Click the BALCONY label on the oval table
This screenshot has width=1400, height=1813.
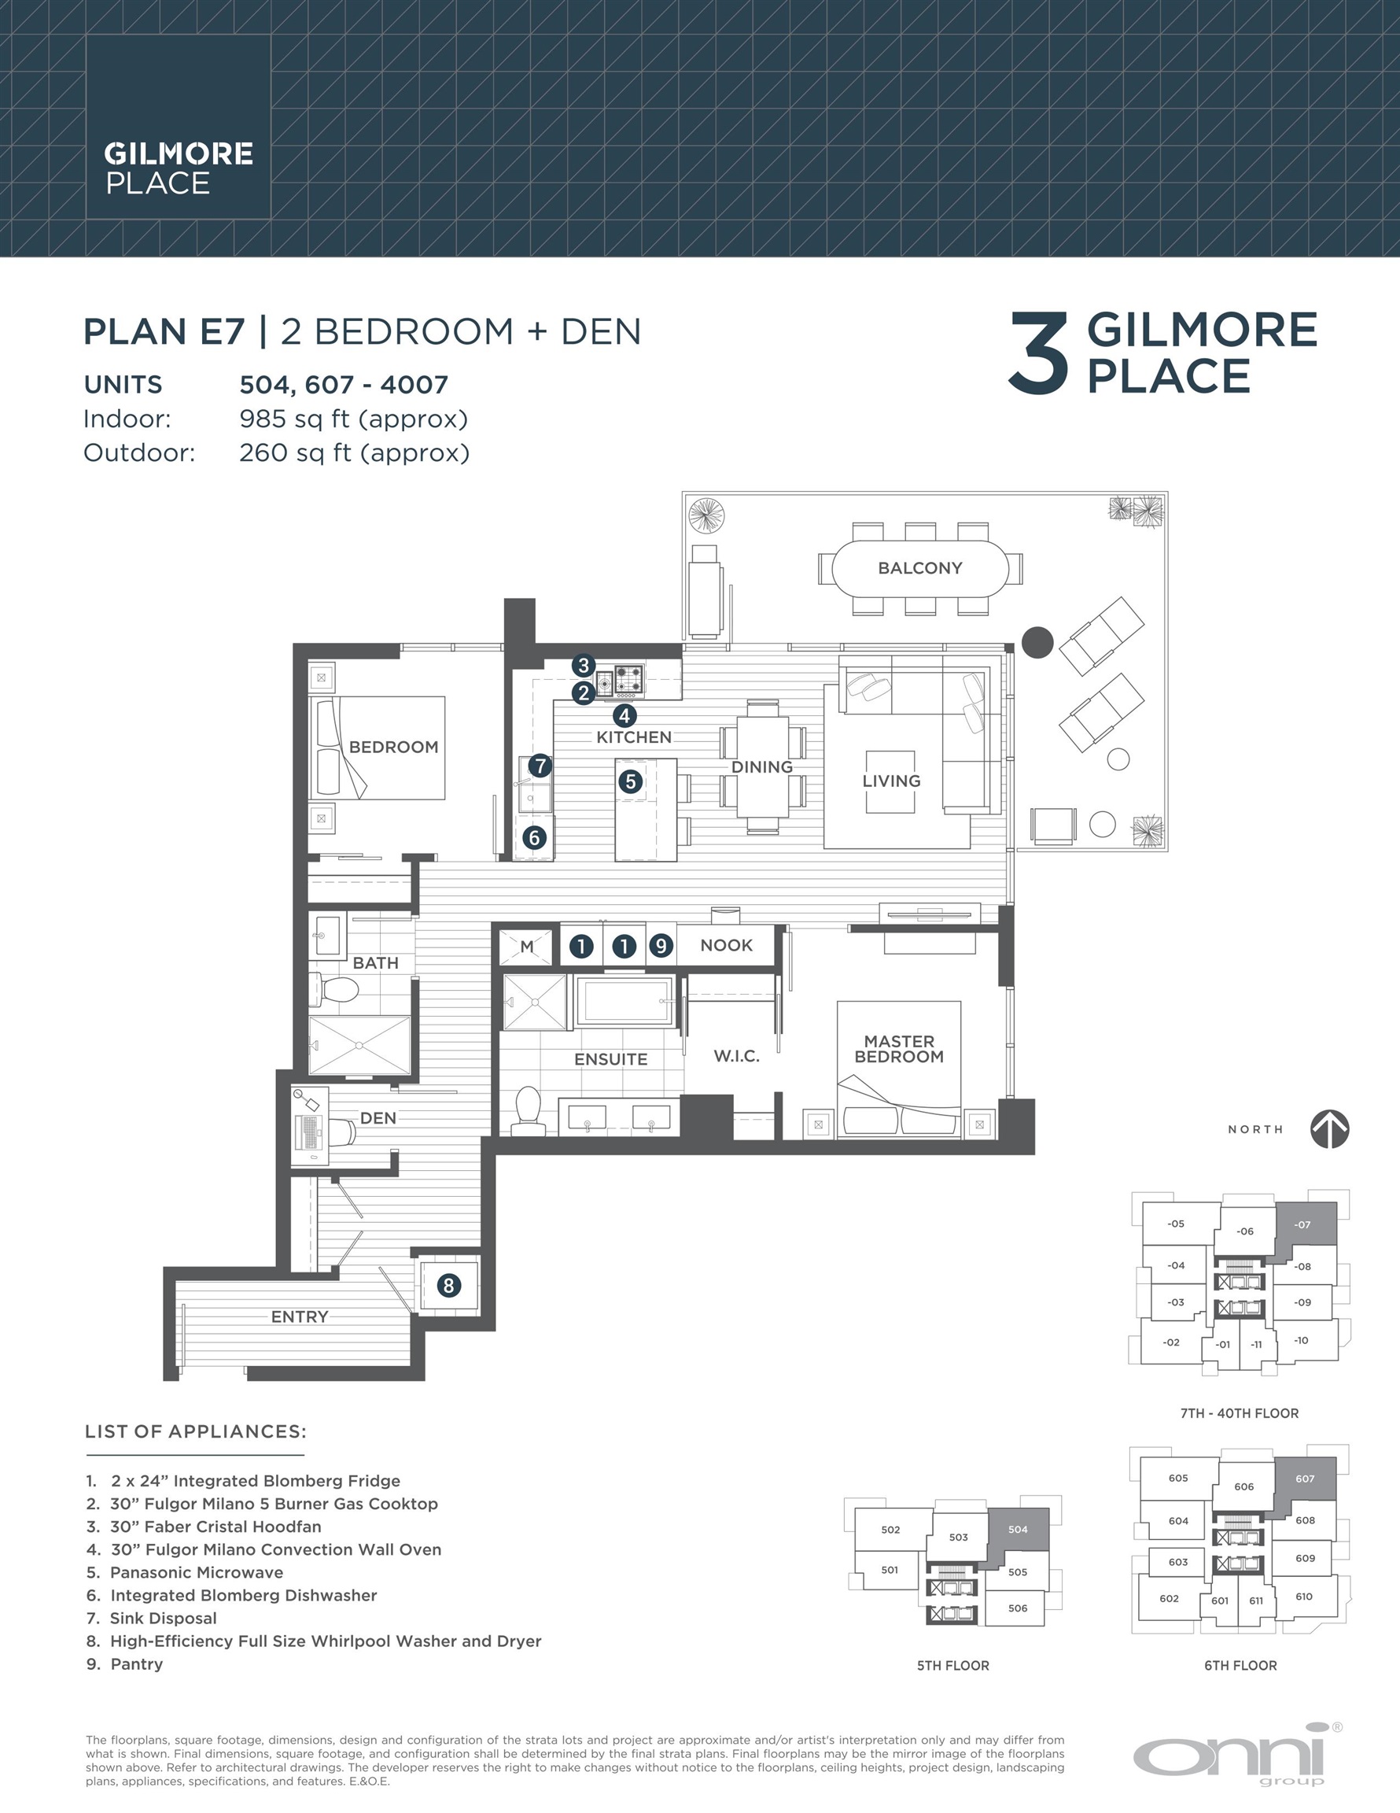tap(919, 568)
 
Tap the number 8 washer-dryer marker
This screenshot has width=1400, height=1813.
tap(448, 1286)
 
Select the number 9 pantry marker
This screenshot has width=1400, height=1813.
tap(661, 946)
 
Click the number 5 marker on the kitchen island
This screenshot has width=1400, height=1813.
tap(631, 781)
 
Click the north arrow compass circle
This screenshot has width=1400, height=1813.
tap(1329, 1130)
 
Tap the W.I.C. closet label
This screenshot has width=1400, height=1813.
tap(736, 1056)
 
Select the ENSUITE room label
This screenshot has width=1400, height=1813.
tap(611, 1059)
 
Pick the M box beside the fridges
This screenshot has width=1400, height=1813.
tap(526, 947)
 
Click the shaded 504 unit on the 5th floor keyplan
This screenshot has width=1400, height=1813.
tap(1018, 1529)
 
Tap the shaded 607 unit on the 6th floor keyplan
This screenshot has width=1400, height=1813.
tap(1305, 1479)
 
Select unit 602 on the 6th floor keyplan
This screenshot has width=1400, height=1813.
tap(1169, 1598)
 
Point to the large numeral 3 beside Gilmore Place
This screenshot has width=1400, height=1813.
tap(1037, 354)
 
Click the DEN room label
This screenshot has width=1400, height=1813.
tap(378, 1118)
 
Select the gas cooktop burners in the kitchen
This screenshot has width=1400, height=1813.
tap(629, 679)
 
